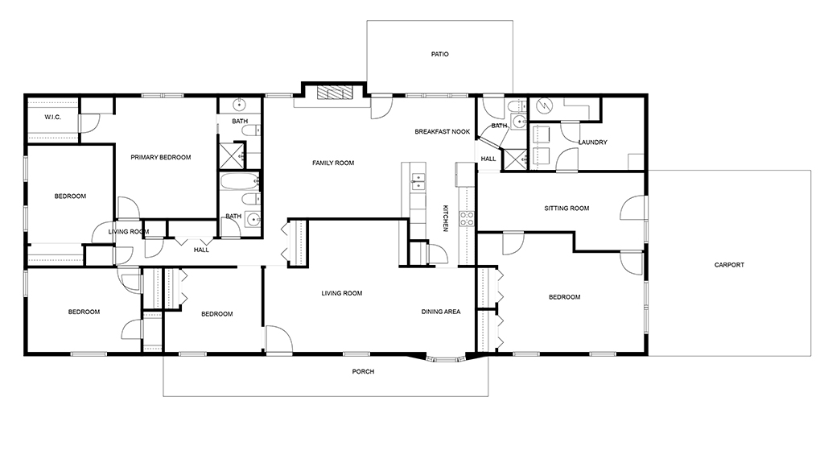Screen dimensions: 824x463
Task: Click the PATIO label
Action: tap(440, 54)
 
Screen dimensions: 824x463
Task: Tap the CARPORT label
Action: tap(729, 265)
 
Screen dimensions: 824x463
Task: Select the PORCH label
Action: tap(363, 372)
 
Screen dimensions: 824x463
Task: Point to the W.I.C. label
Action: tap(52, 118)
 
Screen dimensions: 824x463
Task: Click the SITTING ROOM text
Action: tap(566, 209)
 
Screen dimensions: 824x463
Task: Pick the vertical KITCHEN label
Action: tap(445, 218)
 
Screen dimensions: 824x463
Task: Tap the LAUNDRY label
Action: tap(593, 143)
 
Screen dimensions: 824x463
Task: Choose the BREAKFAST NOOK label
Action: tap(443, 132)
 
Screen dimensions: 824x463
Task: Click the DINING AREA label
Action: tap(441, 312)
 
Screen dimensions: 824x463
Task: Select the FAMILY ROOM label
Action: tap(333, 163)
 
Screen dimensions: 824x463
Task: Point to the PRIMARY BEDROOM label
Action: tap(161, 157)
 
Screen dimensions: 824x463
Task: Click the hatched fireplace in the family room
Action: tap(334, 93)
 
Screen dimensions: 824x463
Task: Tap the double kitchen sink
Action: tap(418, 181)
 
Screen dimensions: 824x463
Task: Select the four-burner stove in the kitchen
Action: tap(467, 219)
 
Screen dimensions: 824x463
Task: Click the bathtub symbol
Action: tap(240, 181)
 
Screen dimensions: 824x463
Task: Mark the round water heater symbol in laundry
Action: tap(545, 106)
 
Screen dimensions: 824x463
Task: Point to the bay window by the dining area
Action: tap(446, 361)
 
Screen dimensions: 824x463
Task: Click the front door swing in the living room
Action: tap(278, 339)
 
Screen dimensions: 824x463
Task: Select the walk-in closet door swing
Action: tap(89, 123)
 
